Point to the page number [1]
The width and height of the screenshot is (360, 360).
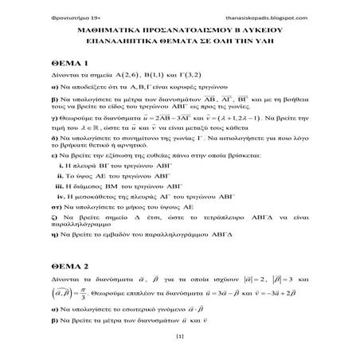point(179,338)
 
